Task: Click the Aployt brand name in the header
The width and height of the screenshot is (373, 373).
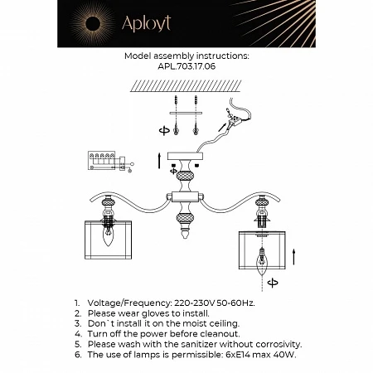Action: pyautogui.click(x=148, y=24)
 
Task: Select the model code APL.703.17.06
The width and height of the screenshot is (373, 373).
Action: pyautogui.click(x=186, y=70)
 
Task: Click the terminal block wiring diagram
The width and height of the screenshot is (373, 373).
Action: pyautogui.click(x=106, y=160)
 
